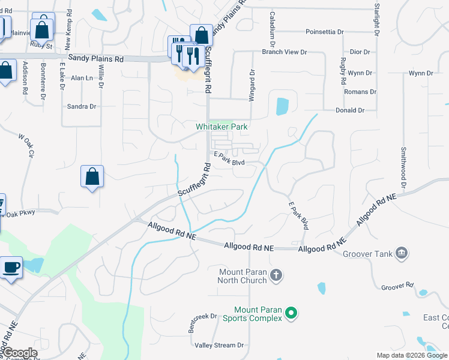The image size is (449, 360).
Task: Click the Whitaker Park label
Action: tap(221, 127)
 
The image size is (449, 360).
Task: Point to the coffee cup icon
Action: tap(12, 267)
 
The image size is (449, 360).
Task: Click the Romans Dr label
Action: tap(360, 92)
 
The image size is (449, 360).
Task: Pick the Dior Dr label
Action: tap(360, 52)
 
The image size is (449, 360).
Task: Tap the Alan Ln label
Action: tap(82, 78)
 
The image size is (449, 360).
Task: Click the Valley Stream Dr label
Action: tap(219, 345)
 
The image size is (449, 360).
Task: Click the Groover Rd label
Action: tap(398, 287)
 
